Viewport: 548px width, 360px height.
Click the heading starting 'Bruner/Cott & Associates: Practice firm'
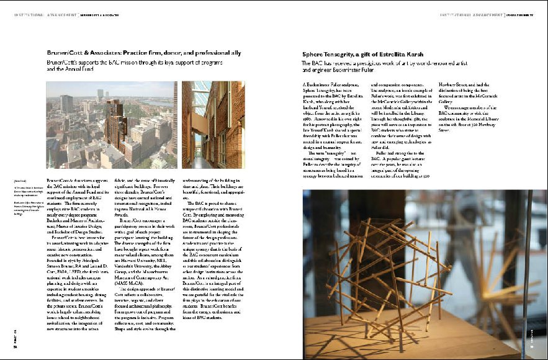(152, 54)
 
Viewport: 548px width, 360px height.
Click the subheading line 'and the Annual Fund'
(70, 70)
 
